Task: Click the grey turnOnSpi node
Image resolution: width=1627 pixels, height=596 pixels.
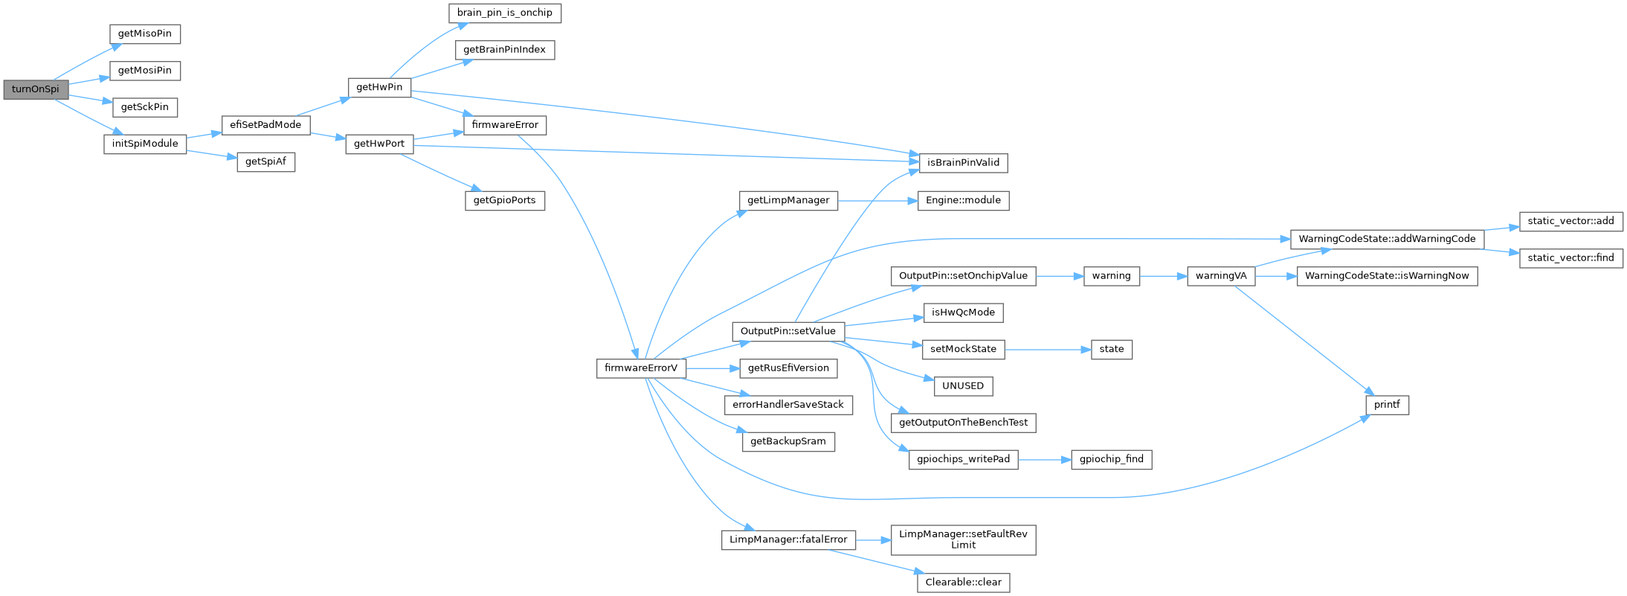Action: [36, 89]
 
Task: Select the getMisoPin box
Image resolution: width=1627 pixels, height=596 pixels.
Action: [145, 34]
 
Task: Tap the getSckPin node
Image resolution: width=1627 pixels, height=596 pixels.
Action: [145, 107]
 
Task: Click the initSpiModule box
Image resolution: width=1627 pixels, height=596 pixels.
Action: [145, 144]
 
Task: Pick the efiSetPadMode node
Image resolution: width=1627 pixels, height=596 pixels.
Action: [265, 125]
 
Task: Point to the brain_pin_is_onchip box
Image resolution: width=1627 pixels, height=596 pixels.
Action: [505, 13]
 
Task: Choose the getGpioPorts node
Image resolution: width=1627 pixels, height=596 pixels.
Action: [505, 201]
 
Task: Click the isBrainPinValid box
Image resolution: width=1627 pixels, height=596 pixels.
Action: [963, 163]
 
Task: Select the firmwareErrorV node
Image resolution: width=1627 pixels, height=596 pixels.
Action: [641, 368]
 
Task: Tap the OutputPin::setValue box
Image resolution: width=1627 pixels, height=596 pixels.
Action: [788, 331]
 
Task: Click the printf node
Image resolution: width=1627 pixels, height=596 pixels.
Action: [1387, 405]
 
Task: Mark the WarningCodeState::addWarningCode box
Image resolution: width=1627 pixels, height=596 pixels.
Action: [1387, 239]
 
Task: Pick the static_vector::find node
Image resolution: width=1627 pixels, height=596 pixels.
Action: [1570, 258]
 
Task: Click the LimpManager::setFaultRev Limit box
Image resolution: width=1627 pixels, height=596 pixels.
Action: [963, 539]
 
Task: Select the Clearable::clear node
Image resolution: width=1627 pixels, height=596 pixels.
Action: [963, 583]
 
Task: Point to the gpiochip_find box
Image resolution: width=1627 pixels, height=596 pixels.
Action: [1112, 459]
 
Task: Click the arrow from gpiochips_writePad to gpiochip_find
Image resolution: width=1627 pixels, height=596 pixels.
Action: [1044, 460]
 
